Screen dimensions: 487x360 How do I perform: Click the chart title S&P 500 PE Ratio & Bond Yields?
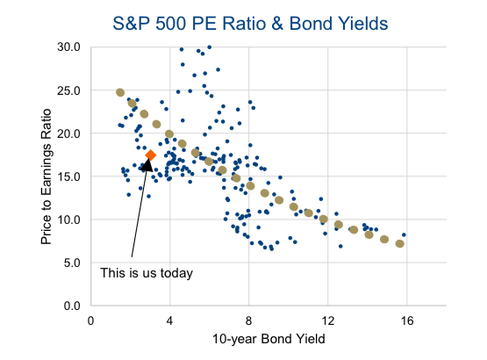pyautogui.click(x=250, y=24)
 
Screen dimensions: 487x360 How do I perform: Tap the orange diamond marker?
pyautogui.click(x=151, y=155)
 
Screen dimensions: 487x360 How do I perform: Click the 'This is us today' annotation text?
pyautogui.click(x=147, y=273)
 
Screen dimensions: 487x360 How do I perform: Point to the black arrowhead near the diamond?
pyautogui.click(x=147, y=165)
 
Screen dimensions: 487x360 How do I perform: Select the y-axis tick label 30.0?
pyautogui.click(x=68, y=47)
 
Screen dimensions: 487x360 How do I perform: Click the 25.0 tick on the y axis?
pyautogui.click(x=68, y=90)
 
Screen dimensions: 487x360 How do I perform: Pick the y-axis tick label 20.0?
pyautogui.click(x=68, y=133)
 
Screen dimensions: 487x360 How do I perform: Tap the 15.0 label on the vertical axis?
pyautogui.click(x=68, y=176)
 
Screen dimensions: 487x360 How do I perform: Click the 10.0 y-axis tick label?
pyautogui.click(x=68, y=220)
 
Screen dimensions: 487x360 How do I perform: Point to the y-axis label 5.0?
pyautogui.click(x=72, y=263)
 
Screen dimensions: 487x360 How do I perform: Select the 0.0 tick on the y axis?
pyautogui.click(x=72, y=306)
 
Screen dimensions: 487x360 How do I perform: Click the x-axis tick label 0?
pyautogui.click(x=90, y=320)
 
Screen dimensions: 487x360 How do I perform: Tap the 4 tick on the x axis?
pyautogui.click(x=169, y=320)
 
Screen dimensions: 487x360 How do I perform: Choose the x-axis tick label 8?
pyautogui.click(x=249, y=320)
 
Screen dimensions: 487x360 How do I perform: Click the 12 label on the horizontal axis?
pyautogui.click(x=328, y=320)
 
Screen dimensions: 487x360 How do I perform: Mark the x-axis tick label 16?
pyautogui.click(x=407, y=320)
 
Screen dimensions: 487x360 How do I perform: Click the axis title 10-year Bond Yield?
pyautogui.click(x=269, y=339)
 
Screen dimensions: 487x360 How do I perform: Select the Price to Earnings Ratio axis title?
pyautogui.click(x=46, y=176)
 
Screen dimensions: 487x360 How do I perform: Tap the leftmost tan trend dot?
pyautogui.click(x=120, y=92)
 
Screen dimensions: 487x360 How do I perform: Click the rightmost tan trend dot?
pyautogui.click(x=400, y=244)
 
